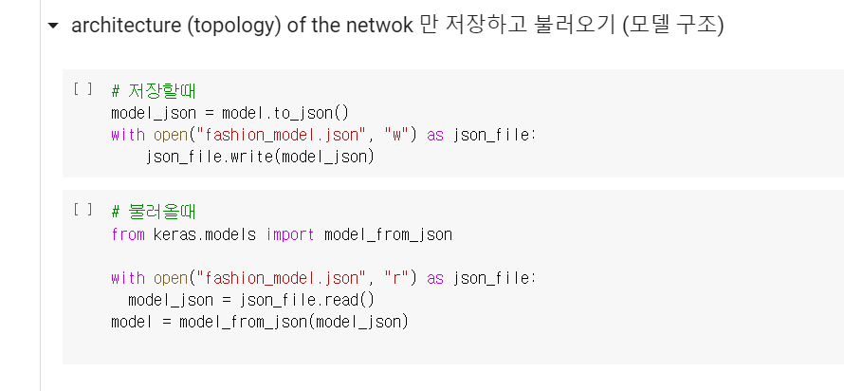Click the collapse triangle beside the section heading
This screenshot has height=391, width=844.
[52, 26]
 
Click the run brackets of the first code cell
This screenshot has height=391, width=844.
[83, 89]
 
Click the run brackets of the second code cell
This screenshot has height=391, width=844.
[83, 210]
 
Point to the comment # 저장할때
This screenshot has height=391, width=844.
[153, 91]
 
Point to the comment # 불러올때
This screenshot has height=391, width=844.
[153, 211]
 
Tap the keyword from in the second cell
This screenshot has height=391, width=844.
[128, 233]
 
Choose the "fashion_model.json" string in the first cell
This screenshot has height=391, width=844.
[285, 135]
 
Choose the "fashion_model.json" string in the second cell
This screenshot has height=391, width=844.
[285, 278]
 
